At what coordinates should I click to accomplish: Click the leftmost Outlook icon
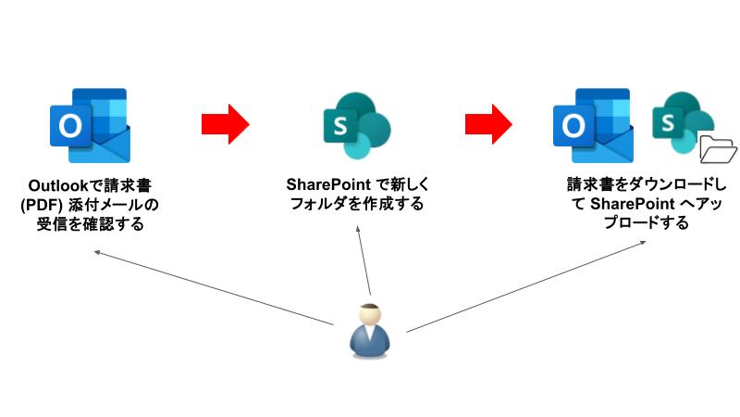click(88, 125)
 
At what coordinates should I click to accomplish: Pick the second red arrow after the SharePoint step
click(489, 121)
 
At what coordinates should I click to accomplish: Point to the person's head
click(369, 314)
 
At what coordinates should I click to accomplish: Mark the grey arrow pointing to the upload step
click(527, 286)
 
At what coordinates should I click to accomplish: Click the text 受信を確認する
click(87, 223)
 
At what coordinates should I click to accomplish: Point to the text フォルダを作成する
click(357, 205)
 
